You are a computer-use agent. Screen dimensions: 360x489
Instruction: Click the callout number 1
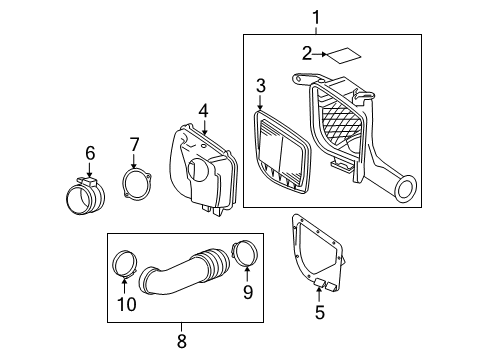317,17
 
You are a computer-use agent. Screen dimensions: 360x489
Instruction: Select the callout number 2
309,53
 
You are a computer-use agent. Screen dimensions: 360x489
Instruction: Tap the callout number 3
260,86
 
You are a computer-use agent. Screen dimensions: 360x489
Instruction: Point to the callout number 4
203,110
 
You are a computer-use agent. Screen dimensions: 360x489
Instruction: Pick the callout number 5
320,313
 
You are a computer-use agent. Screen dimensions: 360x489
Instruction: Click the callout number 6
89,153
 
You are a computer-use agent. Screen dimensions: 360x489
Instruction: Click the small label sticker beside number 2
345,55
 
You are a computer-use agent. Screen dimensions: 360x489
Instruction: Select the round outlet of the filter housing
405,188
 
